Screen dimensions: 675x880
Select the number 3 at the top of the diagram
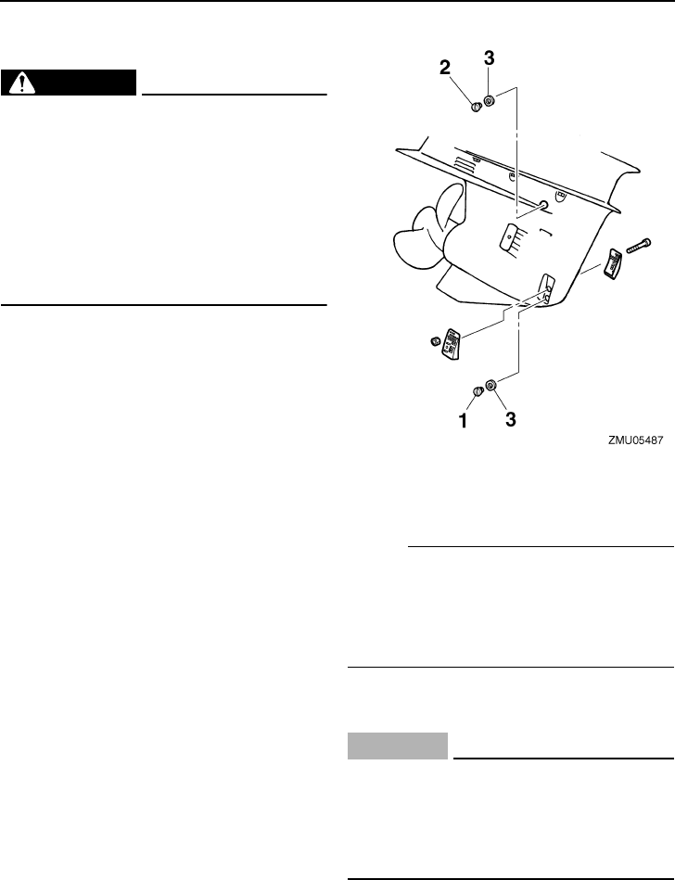tap(489, 58)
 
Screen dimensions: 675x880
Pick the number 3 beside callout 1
tap(509, 419)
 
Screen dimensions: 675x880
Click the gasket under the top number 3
tap(490, 100)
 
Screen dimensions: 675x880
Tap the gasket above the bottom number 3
tap(491, 385)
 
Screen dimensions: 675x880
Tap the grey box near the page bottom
tap(398, 746)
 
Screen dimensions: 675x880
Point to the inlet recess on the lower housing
tap(545, 287)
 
